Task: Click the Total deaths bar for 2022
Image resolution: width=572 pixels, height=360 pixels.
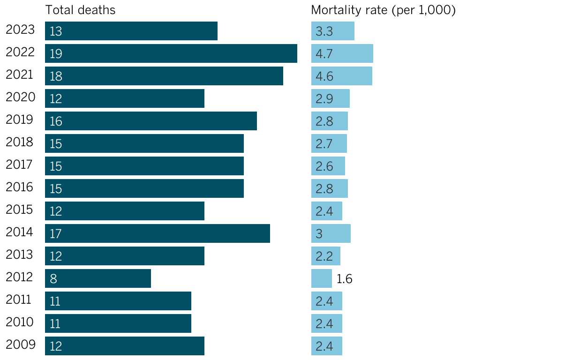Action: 171,53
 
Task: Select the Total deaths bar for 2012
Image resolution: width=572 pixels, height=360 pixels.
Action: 98,278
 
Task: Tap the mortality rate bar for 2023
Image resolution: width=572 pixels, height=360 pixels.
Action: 333,31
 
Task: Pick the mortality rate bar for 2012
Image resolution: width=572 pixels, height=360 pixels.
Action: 322,278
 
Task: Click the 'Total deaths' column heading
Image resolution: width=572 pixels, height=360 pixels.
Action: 80,10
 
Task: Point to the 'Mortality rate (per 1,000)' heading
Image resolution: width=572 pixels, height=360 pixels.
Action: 384,10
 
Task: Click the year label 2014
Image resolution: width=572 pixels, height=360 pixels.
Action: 20,232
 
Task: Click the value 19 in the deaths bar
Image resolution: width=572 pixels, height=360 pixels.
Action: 56,54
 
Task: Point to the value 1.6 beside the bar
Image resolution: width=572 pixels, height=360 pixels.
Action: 345,279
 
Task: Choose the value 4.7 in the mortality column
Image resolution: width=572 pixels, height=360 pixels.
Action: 324,54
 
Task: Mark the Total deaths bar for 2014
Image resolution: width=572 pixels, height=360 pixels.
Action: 158,233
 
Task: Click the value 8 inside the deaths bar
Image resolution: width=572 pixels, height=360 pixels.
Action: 53,279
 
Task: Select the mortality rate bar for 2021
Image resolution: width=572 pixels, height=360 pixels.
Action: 342,76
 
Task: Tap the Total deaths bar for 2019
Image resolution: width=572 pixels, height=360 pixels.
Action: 151,121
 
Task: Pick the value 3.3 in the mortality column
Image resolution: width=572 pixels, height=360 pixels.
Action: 324,31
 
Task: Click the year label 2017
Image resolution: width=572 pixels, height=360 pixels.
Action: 20,165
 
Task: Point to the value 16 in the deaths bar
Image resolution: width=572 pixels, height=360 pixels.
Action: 56,121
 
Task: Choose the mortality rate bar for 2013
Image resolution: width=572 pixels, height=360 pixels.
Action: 326,256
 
